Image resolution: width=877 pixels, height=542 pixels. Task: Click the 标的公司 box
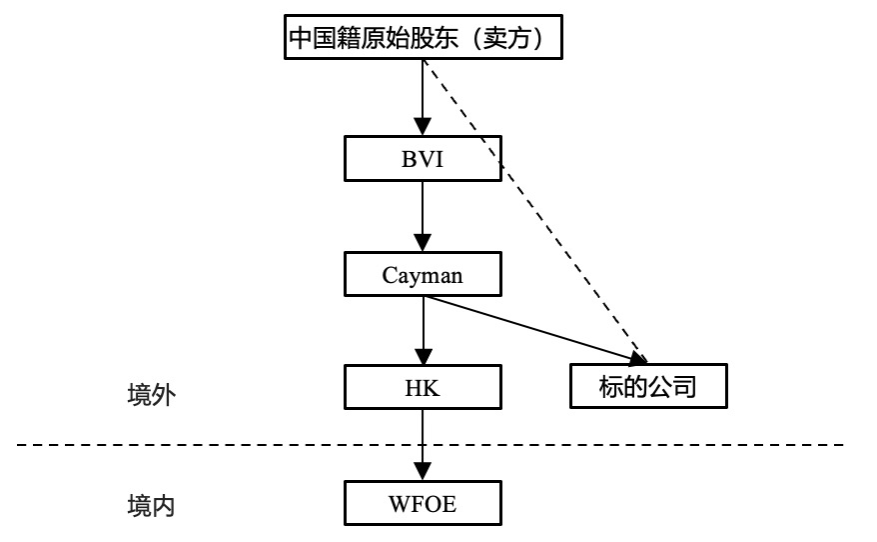[x=647, y=387]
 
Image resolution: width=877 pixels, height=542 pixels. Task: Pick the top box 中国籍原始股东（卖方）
[x=423, y=39]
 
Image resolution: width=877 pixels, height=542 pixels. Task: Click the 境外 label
[x=152, y=394]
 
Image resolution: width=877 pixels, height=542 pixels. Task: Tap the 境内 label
[x=152, y=505]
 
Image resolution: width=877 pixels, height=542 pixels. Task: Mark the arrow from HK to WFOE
[x=423, y=440]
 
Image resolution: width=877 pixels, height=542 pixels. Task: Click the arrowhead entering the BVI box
[x=423, y=130]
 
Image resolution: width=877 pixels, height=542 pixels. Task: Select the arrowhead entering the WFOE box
[x=423, y=473]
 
